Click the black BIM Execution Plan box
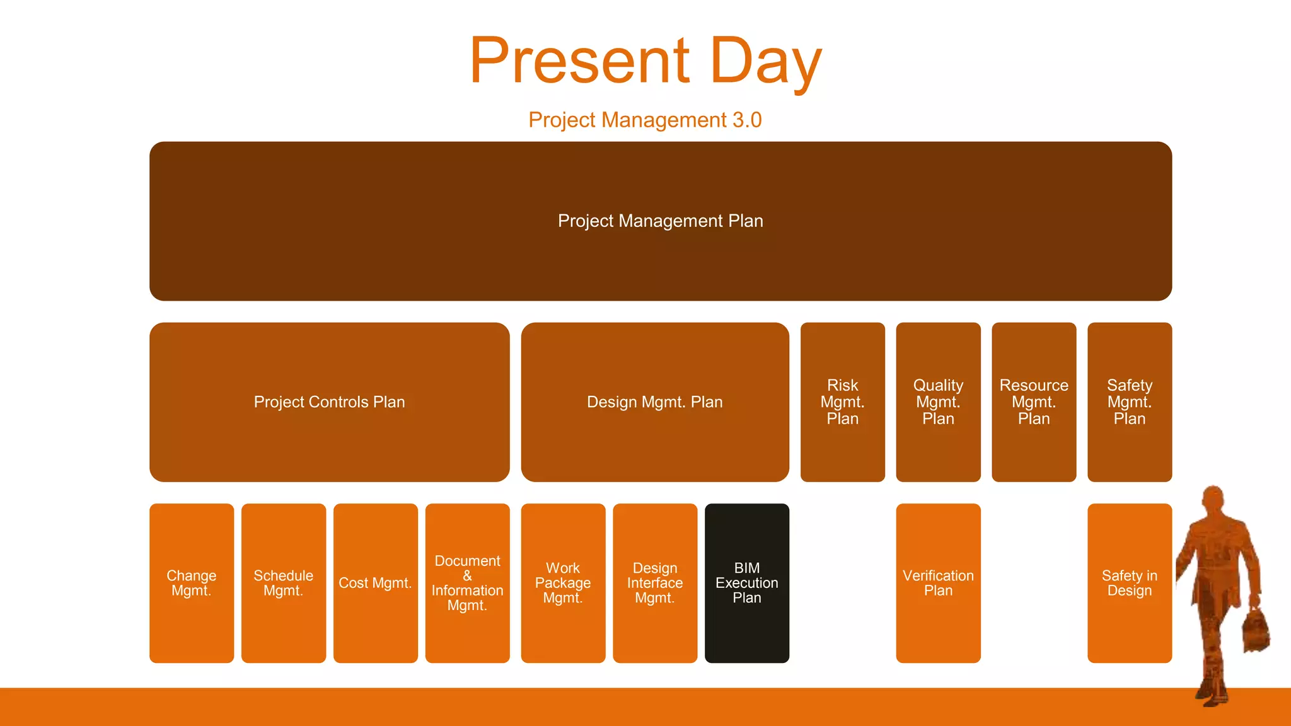tap(746, 583)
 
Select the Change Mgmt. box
tap(192, 583)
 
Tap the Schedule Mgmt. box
tap(284, 583)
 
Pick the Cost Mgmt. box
tap(376, 583)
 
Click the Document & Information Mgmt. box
tap(467, 583)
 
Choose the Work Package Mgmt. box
tap(563, 583)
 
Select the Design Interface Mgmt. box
tap(655, 583)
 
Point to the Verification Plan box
tap(938, 583)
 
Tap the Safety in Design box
tap(1130, 583)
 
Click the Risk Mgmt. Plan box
tap(842, 402)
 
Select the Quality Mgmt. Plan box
tap(938, 402)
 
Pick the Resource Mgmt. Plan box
tap(1034, 402)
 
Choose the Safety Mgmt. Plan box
tap(1130, 402)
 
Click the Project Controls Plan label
tap(329, 402)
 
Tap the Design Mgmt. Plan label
tap(654, 402)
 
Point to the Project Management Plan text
tap(660, 221)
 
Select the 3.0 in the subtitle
tap(747, 120)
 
